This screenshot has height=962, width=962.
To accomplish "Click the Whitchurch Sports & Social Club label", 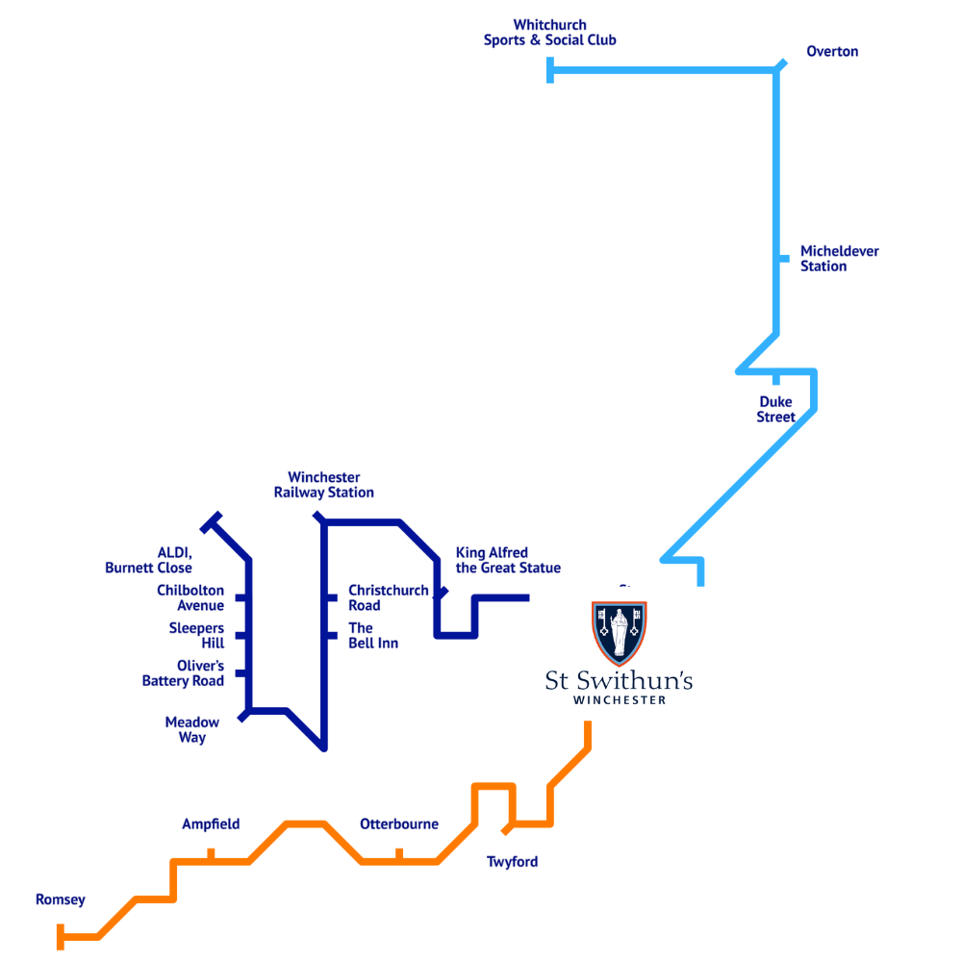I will click(x=549, y=33).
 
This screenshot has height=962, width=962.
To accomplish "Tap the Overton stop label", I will click(x=832, y=52).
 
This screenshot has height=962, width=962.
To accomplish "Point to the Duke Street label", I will click(x=776, y=409).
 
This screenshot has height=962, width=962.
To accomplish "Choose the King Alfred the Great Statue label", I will click(x=507, y=560).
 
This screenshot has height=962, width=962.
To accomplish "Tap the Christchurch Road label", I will click(x=388, y=597).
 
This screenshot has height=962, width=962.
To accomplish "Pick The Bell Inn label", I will click(x=372, y=636).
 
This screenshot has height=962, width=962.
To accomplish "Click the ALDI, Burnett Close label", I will click(x=149, y=560).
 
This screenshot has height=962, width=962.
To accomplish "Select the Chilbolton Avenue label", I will click(x=190, y=597).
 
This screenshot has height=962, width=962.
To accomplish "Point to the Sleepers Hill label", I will click(x=196, y=636).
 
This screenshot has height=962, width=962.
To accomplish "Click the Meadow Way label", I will click(x=192, y=730).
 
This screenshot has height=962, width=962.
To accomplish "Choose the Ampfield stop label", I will click(x=211, y=824).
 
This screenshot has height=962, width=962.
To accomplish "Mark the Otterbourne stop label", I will click(x=398, y=824).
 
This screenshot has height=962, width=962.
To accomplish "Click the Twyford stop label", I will click(x=512, y=862).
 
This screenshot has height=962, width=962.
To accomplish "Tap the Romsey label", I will click(x=60, y=900).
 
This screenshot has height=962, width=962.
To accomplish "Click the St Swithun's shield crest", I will click(x=619, y=634).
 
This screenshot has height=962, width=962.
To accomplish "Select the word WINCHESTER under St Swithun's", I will click(x=619, y=700).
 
